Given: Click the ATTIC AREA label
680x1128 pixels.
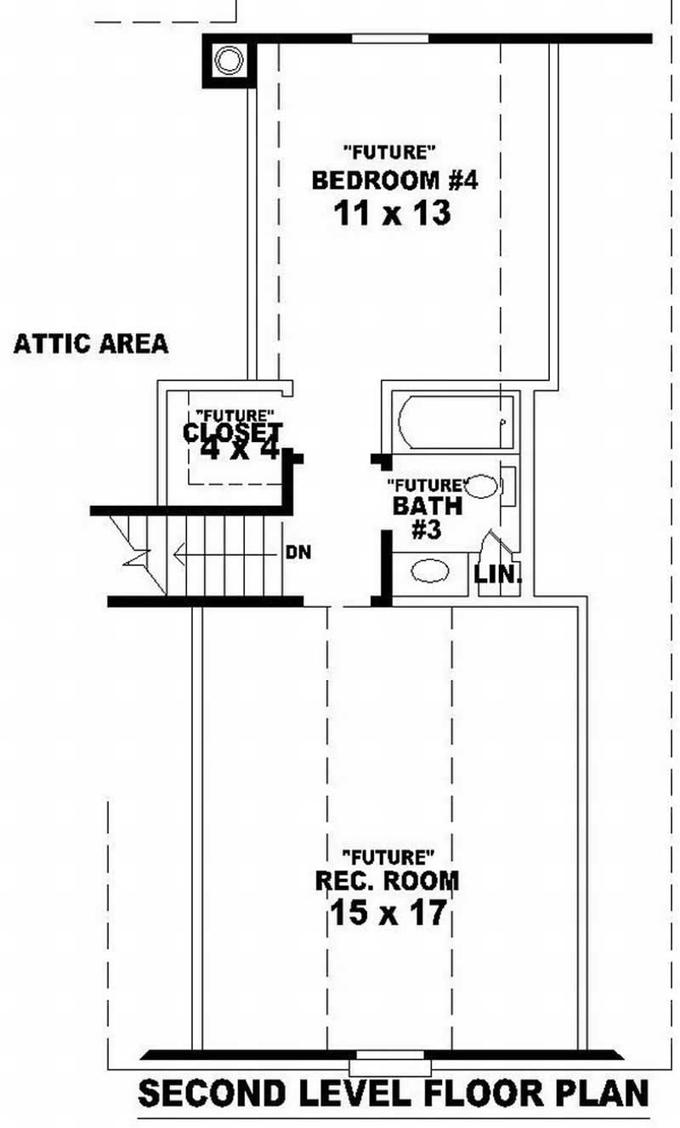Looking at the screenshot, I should click(91, 344).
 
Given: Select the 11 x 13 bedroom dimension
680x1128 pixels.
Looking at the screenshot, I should click(390, 213).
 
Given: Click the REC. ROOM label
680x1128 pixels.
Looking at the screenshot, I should click(387, 881).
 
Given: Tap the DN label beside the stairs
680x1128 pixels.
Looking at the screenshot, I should click(298, 553).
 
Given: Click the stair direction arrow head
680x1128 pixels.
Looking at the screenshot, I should click(178, 555).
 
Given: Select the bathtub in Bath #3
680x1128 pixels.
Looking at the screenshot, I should click(456, 422).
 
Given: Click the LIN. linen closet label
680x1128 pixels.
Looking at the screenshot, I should click(497, 575).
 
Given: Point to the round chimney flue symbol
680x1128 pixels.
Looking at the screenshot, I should click(228, 60).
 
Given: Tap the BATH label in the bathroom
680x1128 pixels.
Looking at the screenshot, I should click(428, 507).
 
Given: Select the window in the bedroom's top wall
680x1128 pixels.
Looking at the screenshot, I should click(390, 38).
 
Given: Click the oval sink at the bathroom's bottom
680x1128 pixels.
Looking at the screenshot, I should click(430, 571).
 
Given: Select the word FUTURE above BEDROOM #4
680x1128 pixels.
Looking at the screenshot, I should click(390, 153).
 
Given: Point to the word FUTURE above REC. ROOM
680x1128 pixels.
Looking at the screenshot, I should click(388, 854).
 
